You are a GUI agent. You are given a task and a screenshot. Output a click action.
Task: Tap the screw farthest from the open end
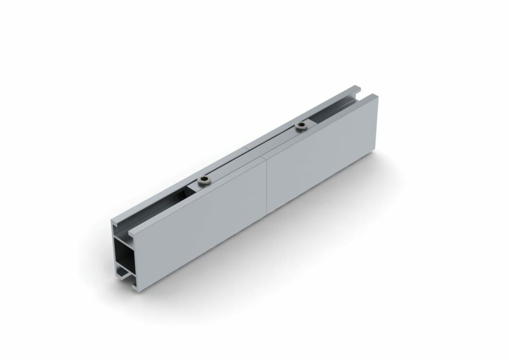coord(302,126)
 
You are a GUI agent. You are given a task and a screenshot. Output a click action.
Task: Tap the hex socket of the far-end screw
coord(302,126)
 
